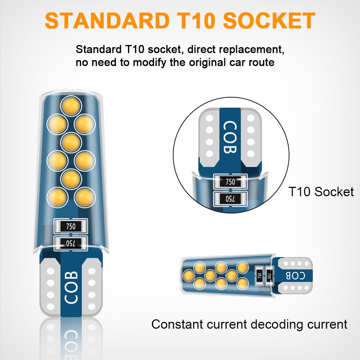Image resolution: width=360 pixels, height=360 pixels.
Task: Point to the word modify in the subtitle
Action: click(149, 62)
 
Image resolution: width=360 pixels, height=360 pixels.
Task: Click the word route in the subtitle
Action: click(259, 62)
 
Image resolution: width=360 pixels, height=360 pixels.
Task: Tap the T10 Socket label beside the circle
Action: click(321, 192)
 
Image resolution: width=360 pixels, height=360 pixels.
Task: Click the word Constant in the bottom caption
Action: click(177, 324)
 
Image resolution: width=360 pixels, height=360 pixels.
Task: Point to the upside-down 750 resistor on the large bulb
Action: click(71, 243)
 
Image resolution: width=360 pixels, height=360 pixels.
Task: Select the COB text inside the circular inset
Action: click(230, 137)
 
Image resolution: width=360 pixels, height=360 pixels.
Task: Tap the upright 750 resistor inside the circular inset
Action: click(230, 182)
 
